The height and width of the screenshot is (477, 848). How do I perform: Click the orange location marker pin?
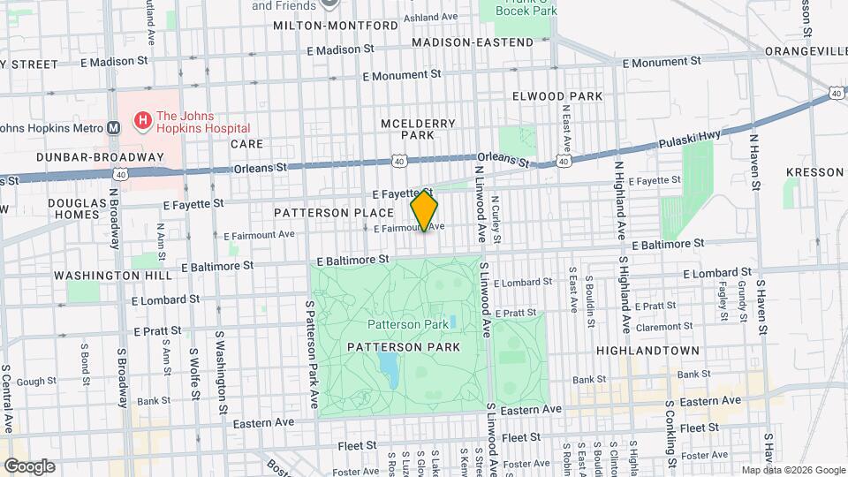pos(425,211)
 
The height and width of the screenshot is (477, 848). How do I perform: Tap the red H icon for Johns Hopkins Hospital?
pos(140,119)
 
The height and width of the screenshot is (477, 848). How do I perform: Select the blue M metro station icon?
pos(113,127)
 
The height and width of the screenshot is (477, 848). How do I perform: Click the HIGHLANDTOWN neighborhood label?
pos(647,351)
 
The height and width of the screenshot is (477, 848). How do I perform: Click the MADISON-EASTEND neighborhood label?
pos(473,42)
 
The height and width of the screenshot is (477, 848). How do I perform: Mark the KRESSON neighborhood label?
pos(814,172)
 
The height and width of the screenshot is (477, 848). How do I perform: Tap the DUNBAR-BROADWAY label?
pos(101,157)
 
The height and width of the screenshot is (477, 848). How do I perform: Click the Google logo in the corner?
pos(29,466)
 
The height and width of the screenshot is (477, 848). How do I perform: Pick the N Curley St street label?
pos(496,220)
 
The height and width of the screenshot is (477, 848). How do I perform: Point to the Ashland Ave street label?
pos(434,18)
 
